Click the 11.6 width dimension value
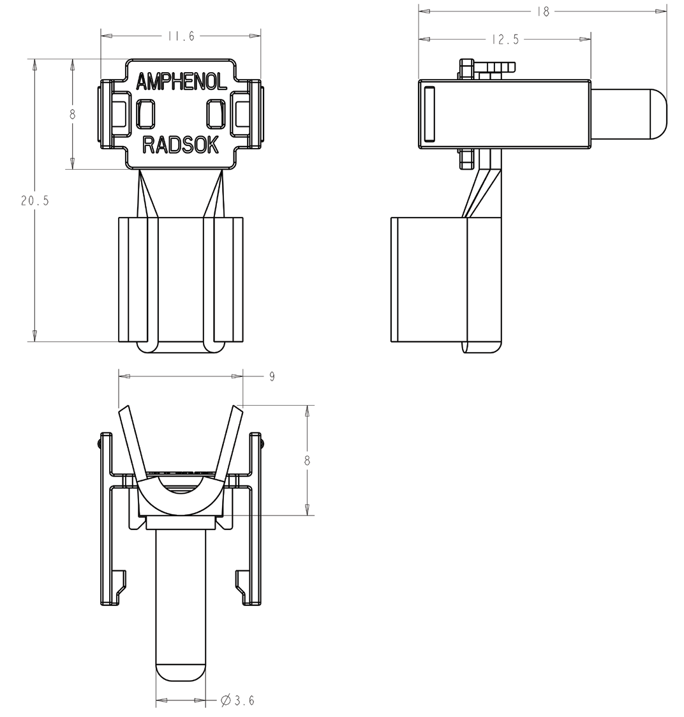coord(181,36)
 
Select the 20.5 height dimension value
coord(34,200)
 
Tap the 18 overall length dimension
coord(542,11)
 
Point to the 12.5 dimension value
coord(505,40)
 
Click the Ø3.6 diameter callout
coord(238,701)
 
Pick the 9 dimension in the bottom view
coord(272,376)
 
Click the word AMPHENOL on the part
coord(181,82)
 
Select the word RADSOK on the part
coord(181,145)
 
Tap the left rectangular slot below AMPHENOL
coord(146,114)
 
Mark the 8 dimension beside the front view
coord(73,115)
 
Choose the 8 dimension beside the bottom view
coord(307,461)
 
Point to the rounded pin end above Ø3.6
coord(181,672)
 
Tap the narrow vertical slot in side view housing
coord(429,114)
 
